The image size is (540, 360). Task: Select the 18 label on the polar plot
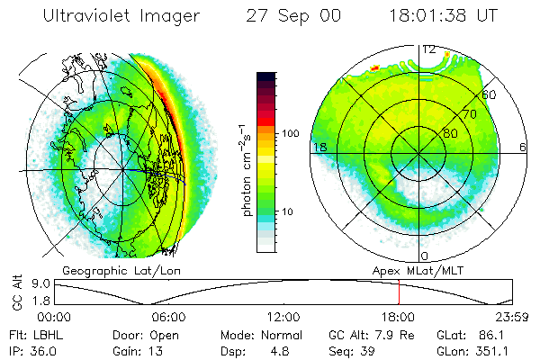click(x=318, y=147)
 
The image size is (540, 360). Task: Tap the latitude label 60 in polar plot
click(x=490, y=94)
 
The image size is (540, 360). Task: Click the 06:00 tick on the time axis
click(x=168, y=318)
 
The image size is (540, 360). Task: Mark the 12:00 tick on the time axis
click(x=283, y=318)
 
